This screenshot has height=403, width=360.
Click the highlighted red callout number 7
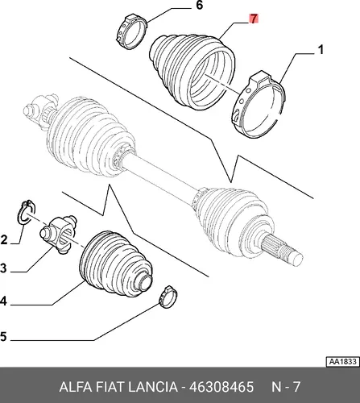(254, 19)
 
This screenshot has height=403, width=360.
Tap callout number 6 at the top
(199, 5)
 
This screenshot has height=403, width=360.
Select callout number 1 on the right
(321, 50)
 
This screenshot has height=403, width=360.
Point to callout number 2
(4, 239)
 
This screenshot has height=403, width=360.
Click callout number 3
(3, 268)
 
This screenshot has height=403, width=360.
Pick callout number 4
(3, 301)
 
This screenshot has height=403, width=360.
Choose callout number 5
(3, 336)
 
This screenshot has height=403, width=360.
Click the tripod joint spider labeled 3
(58, 233)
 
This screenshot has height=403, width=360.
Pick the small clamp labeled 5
(168, 297)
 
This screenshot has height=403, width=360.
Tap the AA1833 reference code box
(342, 362)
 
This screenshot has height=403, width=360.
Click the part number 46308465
(221, 387)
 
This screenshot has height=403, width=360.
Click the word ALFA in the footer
(76, 387)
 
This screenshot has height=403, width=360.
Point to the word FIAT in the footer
(110, 387)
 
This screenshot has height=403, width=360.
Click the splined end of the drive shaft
(282, 248)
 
